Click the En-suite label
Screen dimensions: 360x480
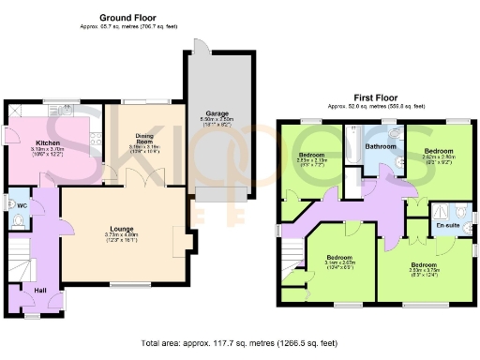coord(447,226)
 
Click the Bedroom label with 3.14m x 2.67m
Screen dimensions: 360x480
coord(338,258)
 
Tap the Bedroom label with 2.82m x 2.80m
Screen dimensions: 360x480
coord(439,150)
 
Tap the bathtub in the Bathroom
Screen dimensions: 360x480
coord(355,150)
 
